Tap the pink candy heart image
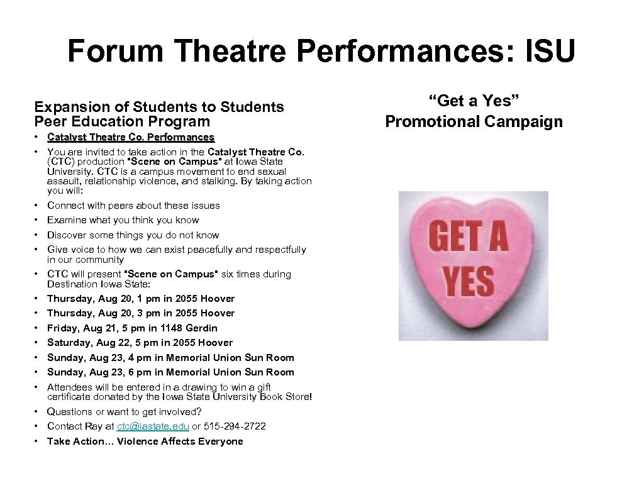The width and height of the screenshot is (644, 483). click(474, 266)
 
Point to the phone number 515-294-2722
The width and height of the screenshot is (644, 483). click(234, 426)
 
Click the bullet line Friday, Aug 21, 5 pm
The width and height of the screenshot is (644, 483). click(132, 328)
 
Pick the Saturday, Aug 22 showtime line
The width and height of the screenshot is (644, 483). click(140, 343)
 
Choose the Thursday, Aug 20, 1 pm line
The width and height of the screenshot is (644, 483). click(141, 299)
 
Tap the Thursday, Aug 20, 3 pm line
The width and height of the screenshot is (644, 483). click(141, 313)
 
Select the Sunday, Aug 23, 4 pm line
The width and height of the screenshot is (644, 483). click(170, 357)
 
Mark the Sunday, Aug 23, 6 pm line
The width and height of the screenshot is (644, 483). click(170, 372)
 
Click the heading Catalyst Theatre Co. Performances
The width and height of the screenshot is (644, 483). click(131, 137)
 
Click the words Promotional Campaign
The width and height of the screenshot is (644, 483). click(474, 121)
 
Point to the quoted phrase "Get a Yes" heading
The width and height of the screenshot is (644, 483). click(474, 101)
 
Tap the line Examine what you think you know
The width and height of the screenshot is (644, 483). click(123, 220)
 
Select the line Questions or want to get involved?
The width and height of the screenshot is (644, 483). click(125, 412)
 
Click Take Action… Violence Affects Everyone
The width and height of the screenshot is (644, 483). click(145, 441)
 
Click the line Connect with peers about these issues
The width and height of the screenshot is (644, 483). click(133, 206)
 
